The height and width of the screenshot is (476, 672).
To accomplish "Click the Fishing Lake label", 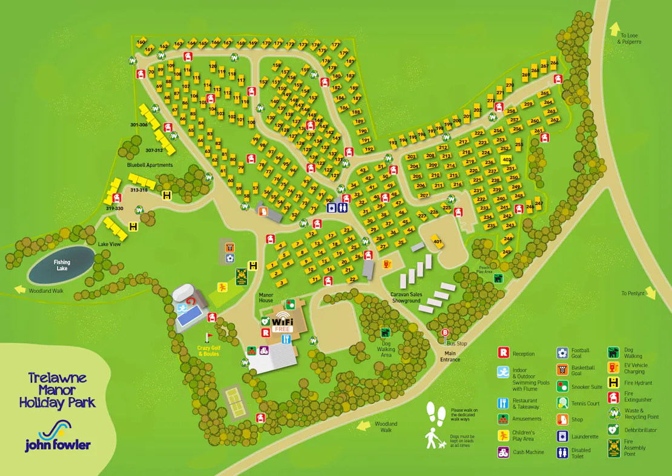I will pyautogui.click(x=62, y=265).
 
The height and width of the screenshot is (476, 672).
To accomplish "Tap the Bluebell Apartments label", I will pyautogui.click(x=150, y=165).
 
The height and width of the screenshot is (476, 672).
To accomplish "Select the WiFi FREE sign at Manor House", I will pyautogui.click(x=282, y=324).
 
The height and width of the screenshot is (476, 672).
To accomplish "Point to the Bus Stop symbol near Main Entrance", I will pyautogui.click(x=446, y=332).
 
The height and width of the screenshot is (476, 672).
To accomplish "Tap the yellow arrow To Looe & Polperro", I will pyautogui.click(x=615, y=28).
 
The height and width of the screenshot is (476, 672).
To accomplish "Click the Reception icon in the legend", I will pyautogui.click(x=502, y=353).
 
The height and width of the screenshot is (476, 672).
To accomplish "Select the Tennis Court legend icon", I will pyautogui.click(x=562, y=403).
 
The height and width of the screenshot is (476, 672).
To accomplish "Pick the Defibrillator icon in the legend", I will pyautogui.click(x=613, y=430).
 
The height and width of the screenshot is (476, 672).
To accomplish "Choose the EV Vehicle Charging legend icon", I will pyautogui.click(x=613, y=367).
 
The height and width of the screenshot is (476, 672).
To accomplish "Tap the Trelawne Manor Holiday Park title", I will pyautogui.click(x=58, y=390).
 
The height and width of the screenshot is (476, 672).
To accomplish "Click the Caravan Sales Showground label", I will pyautogui.click(x=406, y=297).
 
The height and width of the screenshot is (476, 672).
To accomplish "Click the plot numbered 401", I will pyautogui.click(x=437, y=241).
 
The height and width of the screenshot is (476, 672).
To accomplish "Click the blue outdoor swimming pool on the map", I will pyautogui.click(x=189, y=314).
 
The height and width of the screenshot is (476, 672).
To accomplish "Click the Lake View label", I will pyautogui.click(x=111, y=244).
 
